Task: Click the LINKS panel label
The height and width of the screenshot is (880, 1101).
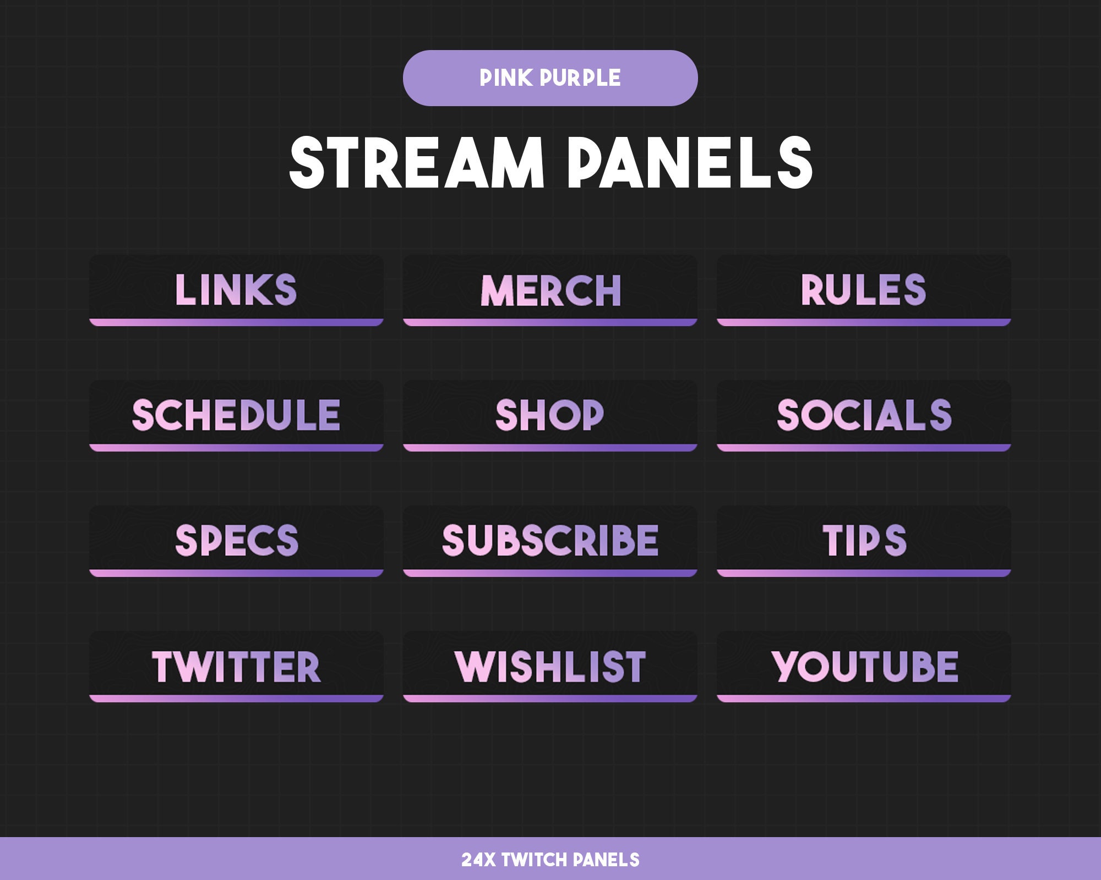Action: tap(236, 289)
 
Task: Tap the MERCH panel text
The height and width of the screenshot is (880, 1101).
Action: tap(550, 290)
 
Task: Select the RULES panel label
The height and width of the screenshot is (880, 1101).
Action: tap(863, 289)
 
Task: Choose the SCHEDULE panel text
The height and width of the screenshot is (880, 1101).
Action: tap(236, 415)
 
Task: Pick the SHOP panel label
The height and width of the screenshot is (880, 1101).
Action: tap(549, 415)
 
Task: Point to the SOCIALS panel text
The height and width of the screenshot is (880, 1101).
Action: tap(864, 415)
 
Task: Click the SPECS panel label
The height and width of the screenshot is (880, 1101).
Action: tap(237, 540)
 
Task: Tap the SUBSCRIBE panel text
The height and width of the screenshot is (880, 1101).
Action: tap(550, 540)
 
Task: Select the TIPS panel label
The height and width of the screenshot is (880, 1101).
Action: tap(864, 540)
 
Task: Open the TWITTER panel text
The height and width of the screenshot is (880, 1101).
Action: tap(236, 667)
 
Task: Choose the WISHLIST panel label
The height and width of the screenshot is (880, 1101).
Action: tap(550, 667)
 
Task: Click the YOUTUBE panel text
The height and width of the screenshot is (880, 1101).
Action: tap(864, 667)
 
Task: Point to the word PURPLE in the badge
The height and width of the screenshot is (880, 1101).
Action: tap(580, 78)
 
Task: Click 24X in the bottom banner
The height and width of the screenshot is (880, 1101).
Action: tap(478, 860)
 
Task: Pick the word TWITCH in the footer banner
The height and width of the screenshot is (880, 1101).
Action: tap(533, 860)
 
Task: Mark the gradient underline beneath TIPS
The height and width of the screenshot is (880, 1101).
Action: tap(864, 573)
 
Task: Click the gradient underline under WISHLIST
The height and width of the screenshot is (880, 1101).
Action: tap(550, 698)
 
